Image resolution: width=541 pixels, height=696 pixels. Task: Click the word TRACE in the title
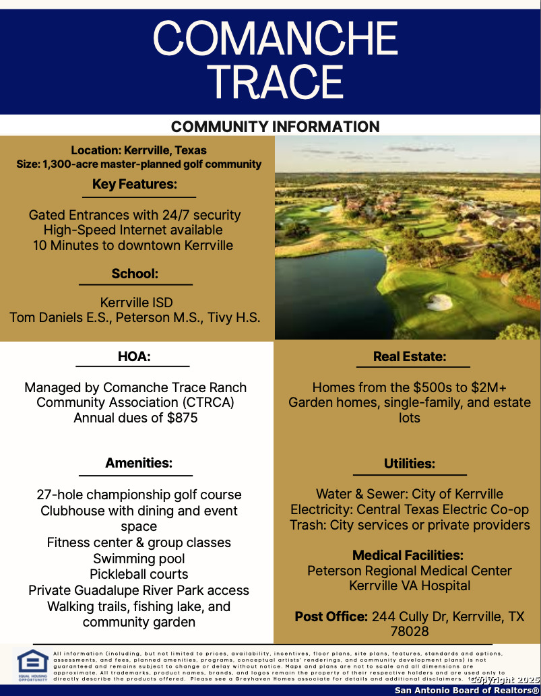pyautogui.click(x=275, y=82)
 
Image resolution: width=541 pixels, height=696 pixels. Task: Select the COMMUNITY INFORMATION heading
pyautogui.click(x=275, y=127)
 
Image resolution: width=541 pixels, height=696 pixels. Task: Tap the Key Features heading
pyautogui.click(x=135, y=184)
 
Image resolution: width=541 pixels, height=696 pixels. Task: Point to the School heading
pyautogui.click(x=135, y=274)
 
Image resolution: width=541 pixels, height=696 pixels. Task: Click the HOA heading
pyautogui.click(x=134, y=356)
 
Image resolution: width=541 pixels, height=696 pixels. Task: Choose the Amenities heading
pyautogui.click(x=139, y=463)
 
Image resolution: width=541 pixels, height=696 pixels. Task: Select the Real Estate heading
pyautogui.click(x=410, y=356)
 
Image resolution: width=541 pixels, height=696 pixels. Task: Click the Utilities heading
pyautogui.click(x=410, y=464)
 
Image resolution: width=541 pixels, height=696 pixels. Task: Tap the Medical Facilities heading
pyautogui.click(x=408, y=555)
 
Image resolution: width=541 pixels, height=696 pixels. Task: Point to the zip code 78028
pyautogui.click(x=410, y=632)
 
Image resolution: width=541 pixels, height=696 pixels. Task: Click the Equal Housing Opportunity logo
pyautogui.click(x=32, y=665)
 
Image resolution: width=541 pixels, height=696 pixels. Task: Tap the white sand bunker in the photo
pyautogui.click(x=439, y=301)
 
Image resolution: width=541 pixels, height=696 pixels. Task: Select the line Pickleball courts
pyautogui.click(x=139, y=574)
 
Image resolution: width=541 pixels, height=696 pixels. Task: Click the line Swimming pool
pyautogui.click(x=139, y=559)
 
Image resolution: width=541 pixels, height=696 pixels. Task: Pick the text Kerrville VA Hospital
pyautogui.click(x=410, y=586)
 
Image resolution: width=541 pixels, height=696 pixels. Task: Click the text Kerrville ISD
pyautogui.click(x=135, y=302)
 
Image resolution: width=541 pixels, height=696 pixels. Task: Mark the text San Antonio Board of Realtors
pyautogui.click(x=467, y=690)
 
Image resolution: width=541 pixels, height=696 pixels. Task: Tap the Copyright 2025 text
pyautogui.click(x=505, y=680)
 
